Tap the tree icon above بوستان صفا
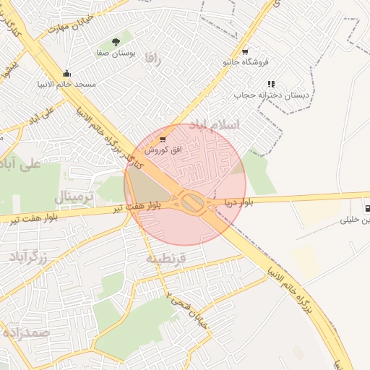[116, 43]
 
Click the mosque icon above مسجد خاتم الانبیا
[67, 73]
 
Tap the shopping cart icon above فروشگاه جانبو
[246, 51]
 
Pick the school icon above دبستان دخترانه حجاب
[271, 84]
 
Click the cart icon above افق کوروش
[162, 139]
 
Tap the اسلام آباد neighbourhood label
[213, 125]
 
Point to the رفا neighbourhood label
[152, 58]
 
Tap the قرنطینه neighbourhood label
[166, 258]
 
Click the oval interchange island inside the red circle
[192, 202]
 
